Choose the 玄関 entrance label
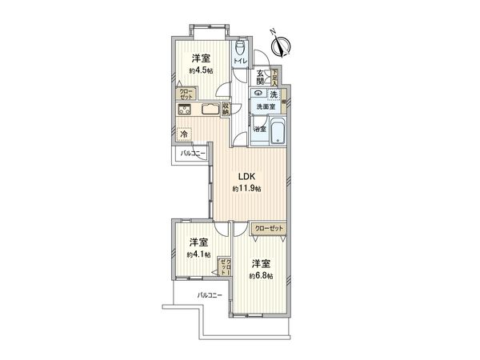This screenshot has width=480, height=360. [x=261, y=78]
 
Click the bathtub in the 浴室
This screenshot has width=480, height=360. [x=276, y=132]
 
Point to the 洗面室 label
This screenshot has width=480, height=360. [x=266, y=106]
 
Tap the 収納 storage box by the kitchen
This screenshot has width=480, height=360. [x=226, y=110]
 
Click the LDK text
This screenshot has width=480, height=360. [x=246, y=177]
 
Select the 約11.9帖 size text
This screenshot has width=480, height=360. [x=246, y=189]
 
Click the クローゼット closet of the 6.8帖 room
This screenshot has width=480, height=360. [x=268, y=228]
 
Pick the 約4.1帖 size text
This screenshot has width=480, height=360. [x=199, y=254]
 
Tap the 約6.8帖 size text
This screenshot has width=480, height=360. [x=261, y=275]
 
